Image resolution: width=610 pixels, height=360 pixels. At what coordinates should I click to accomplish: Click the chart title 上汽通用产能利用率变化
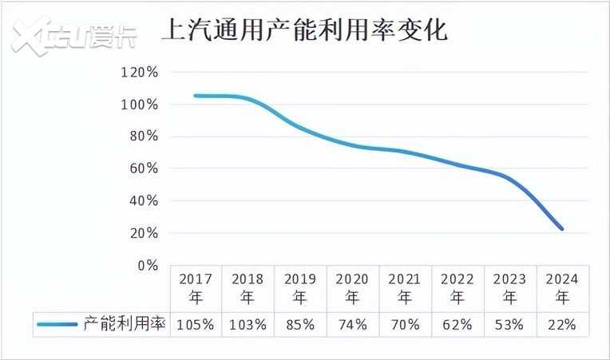pyautogui.click(x=305, y=30)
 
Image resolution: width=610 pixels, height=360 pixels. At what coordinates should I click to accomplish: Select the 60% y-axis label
pyautogui.click(x=142, y=169)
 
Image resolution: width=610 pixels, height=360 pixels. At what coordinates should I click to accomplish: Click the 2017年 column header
pyautogui.click(x=196, y=288)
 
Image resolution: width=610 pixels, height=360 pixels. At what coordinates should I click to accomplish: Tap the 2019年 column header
pyautogui.click(x=300, y=288)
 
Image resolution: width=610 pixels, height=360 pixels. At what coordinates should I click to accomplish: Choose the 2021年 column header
pyautogui.click(x=405, y=288)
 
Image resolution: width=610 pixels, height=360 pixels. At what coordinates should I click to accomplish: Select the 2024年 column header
pyautogui.click(x=562, y=288)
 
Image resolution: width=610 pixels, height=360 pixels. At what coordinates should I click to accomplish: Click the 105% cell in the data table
pyautogui.click(x=196, y=324)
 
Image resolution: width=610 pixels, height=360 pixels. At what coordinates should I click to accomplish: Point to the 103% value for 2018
pyautogui.click(x=248, y=324)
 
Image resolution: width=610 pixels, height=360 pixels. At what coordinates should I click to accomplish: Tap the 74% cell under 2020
pyautogui.click(x=352, y=324)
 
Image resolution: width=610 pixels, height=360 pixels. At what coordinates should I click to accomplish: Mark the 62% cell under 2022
pyautogui.click(x=457, y=324)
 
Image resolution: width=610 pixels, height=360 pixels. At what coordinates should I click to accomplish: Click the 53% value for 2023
pyautogui.click(x=509, y=324)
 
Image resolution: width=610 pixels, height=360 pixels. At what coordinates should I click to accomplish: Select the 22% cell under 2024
pyautogui.click(x=562, y=324)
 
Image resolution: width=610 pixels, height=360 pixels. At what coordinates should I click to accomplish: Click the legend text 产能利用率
pyautogui.click(x=125, y=324)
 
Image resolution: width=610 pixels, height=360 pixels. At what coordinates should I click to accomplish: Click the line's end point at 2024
pyautogui.click(x=562, y=229)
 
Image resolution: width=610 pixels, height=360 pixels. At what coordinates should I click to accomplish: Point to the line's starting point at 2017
pyautogui.click(x=196, y=96)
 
